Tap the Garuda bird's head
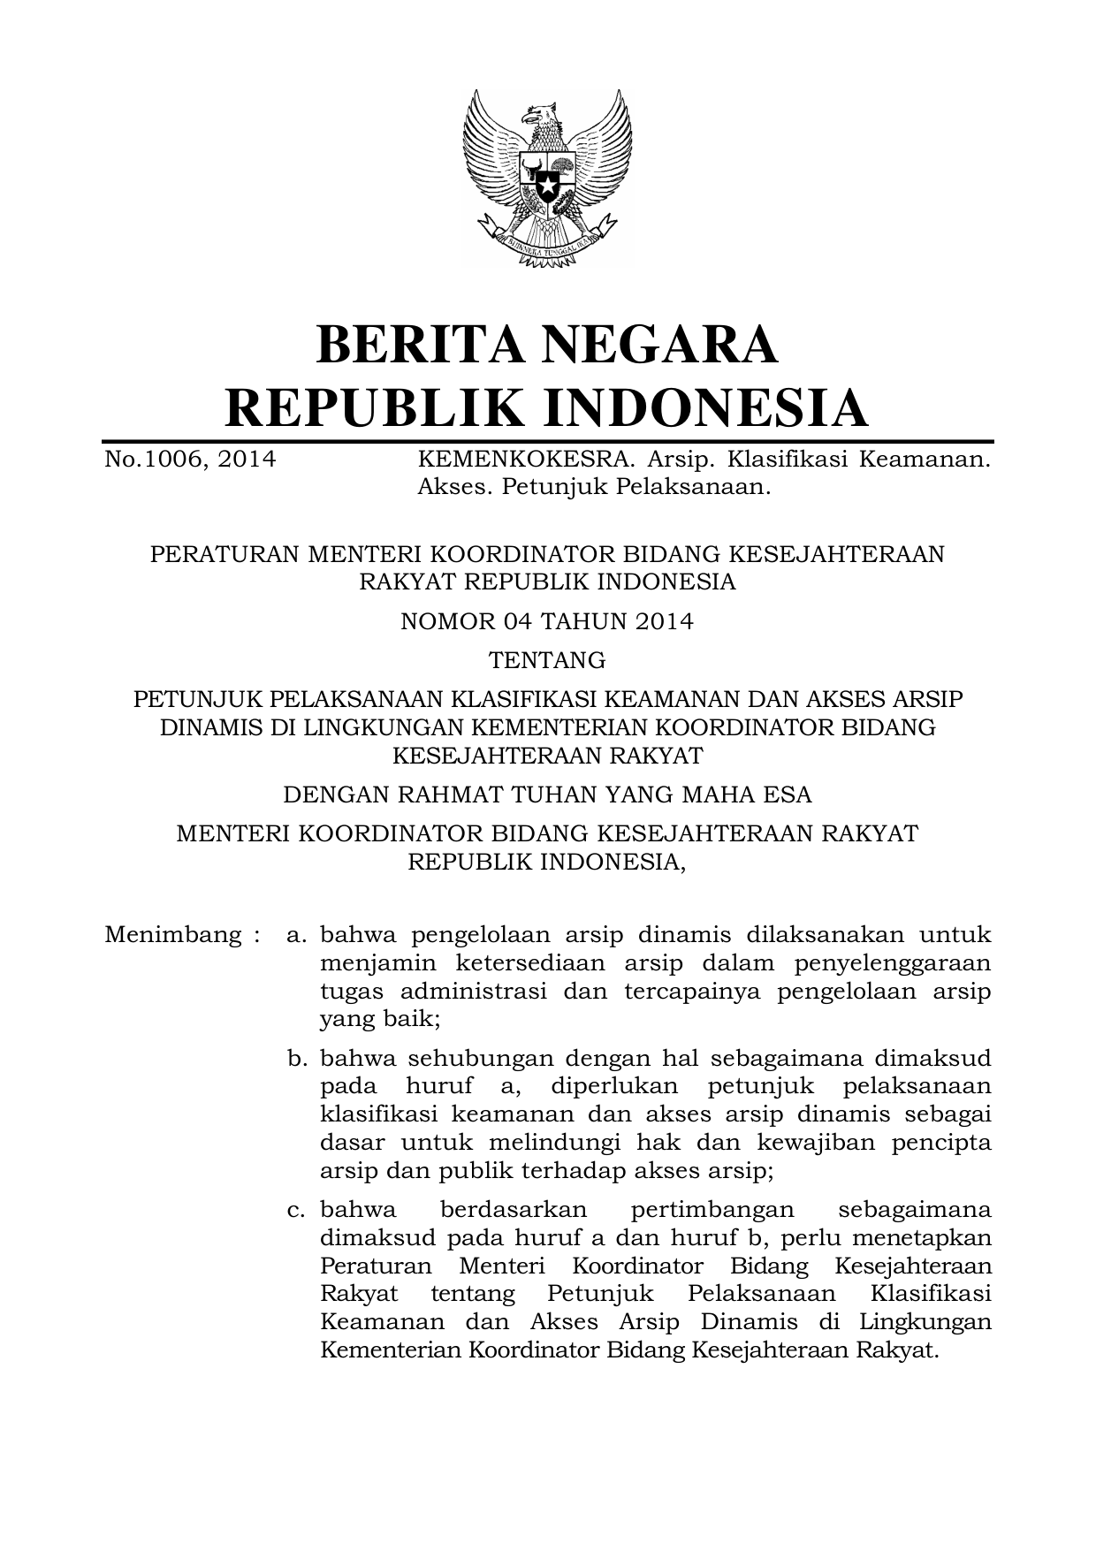[540, 114]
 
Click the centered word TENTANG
[547, 660]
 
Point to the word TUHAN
[553, 795]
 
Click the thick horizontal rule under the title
[547, 439]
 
